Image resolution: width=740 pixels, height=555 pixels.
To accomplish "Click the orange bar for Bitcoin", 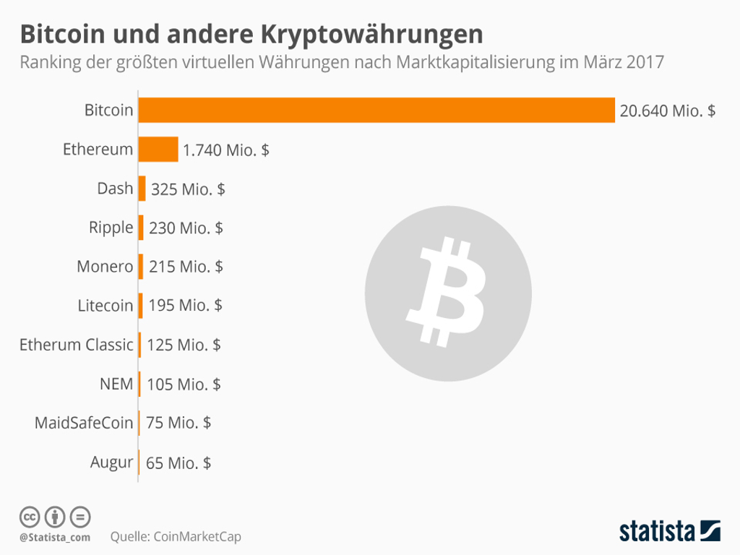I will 376,110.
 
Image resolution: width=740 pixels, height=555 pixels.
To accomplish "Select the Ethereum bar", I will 158,150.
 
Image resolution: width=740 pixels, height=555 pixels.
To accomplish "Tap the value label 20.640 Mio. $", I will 667,111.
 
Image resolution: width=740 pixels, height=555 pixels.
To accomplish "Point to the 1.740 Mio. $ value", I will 226,150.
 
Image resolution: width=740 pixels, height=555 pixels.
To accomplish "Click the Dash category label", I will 115,189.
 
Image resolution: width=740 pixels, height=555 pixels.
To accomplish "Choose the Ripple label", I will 111,228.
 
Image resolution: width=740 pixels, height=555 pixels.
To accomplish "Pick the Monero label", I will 105,267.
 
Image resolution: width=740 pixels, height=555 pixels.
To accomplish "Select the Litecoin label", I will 105,306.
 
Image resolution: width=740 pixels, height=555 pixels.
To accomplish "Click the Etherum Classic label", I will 76,345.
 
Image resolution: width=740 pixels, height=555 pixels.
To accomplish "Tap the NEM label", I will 116,384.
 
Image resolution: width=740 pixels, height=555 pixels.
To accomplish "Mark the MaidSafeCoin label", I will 84,423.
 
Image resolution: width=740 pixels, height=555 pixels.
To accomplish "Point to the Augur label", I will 111,462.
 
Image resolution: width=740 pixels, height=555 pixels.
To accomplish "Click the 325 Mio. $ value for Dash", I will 188,189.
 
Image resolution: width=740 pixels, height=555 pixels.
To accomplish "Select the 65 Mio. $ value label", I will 178,462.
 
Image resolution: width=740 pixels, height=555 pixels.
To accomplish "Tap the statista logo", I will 669,531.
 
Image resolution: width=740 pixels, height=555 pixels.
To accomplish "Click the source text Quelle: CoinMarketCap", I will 176,537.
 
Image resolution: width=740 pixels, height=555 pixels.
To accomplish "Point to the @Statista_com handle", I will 55,537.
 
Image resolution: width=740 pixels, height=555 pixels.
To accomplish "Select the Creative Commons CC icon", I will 29,517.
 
